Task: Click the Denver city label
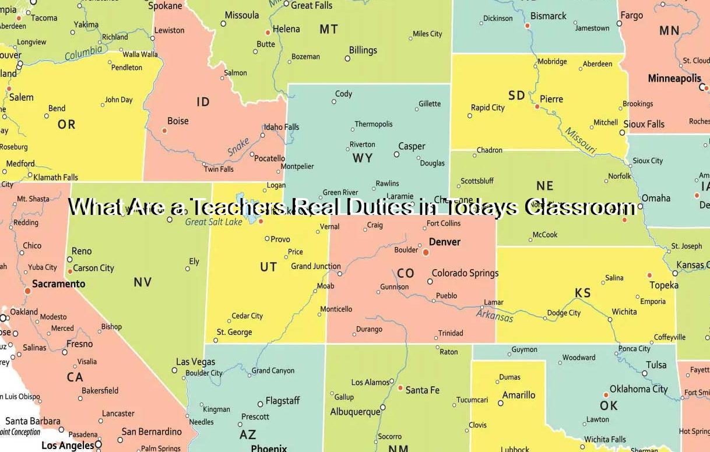point(445,242)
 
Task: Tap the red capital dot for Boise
point(164,130)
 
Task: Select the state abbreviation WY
point(363,158)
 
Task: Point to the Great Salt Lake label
point(213,222)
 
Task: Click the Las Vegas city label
point(196,362)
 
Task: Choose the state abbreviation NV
point(142,282)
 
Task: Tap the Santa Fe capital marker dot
point(400,387)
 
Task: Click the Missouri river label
point(581,141)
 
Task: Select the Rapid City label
point(488,108)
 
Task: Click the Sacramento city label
point(58,284)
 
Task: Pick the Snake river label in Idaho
point(238,147)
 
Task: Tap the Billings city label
point(363,50)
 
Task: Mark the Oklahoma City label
point(638,389)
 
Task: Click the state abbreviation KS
point(583,293)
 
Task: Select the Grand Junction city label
point(316,266)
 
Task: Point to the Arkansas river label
point(495,315)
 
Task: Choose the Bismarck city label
point(549,16)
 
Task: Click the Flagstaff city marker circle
point(260,404)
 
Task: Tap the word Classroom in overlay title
point(579,207)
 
